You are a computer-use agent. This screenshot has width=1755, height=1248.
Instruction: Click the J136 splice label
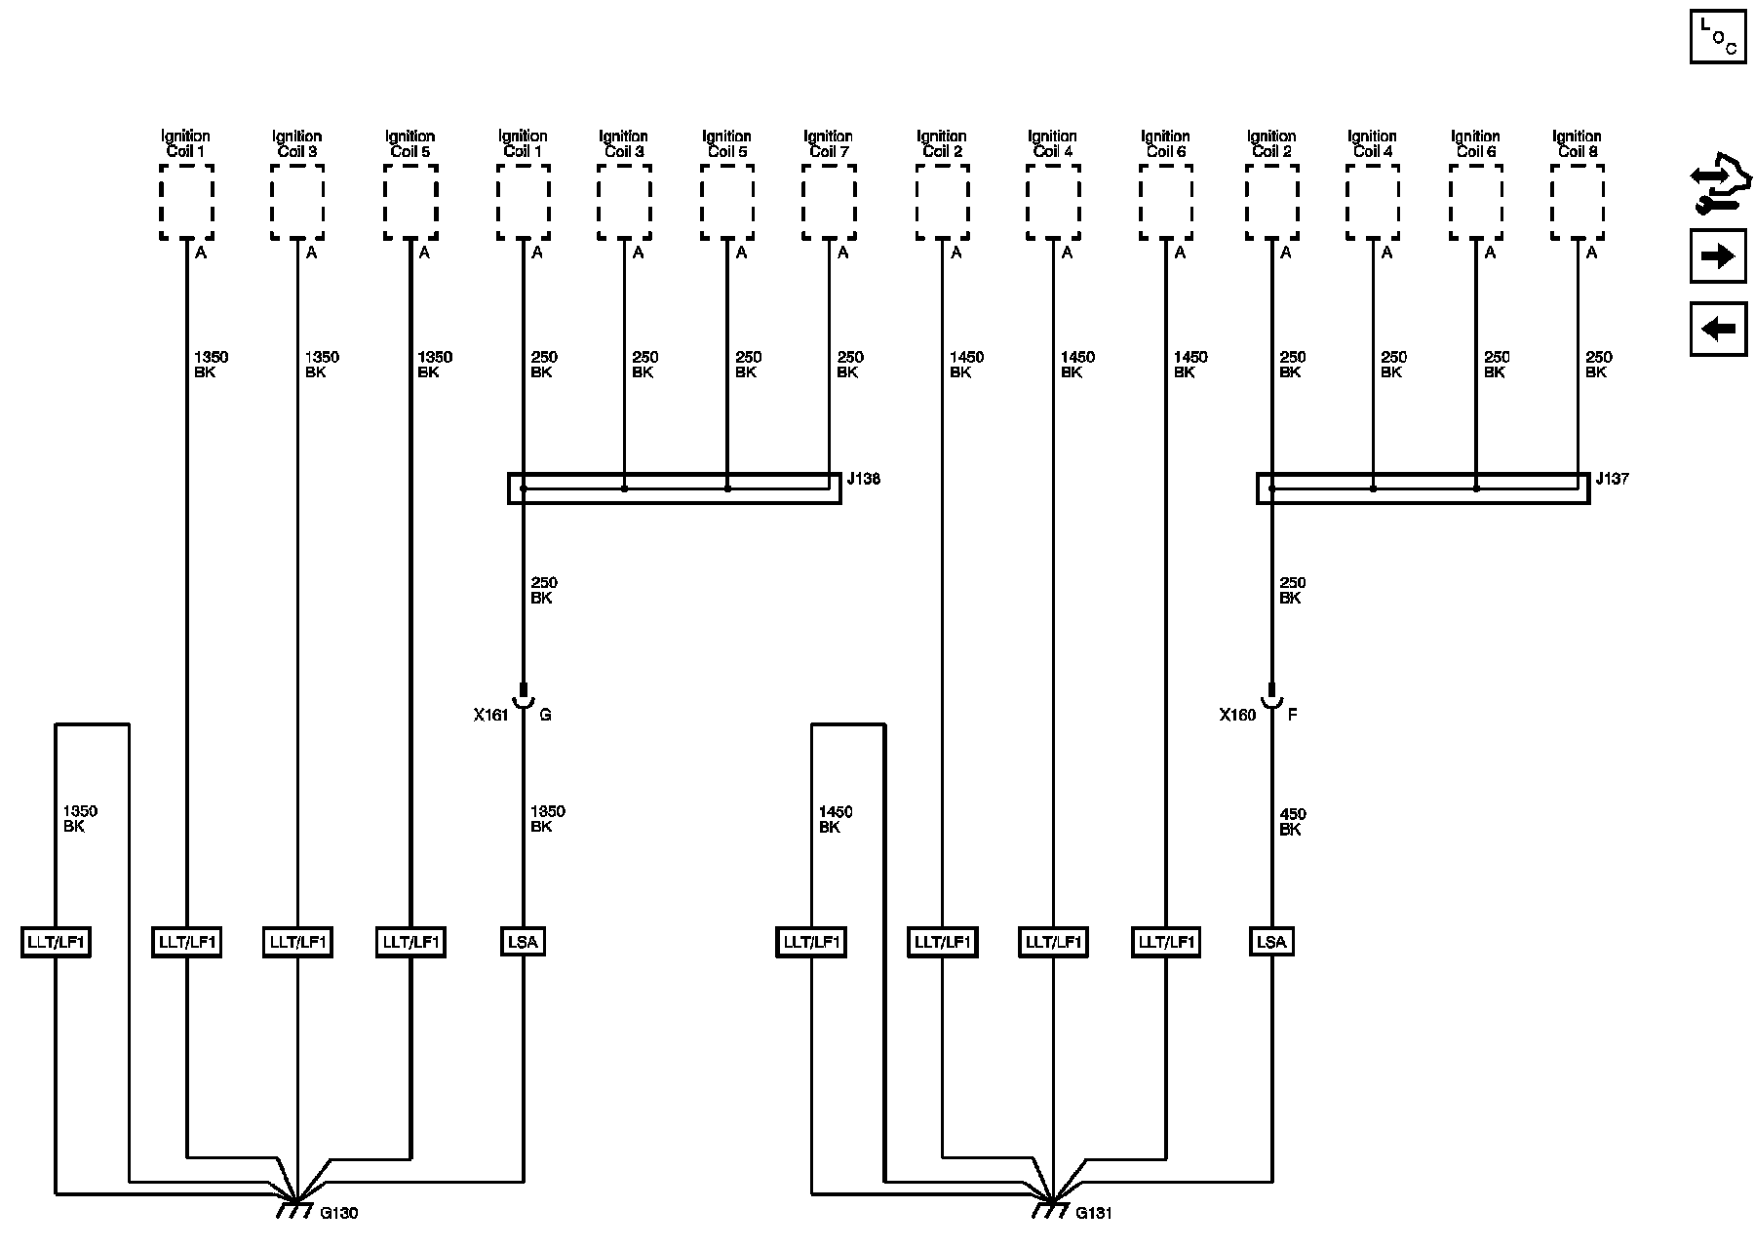pos(863,479)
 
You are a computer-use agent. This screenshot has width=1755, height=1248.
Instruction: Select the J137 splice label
pos(1612,479)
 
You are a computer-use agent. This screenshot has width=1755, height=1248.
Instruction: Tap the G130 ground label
pos(339,1213)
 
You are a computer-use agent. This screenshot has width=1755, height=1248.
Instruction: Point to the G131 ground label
pos(1094,1213)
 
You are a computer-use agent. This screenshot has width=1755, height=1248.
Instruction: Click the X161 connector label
pos(490,715)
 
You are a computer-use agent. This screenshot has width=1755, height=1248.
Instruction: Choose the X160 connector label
pos(1237,715)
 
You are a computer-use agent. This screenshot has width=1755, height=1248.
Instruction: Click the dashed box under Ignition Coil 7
pos(829,202)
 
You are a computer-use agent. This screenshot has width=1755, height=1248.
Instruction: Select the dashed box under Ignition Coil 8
pos(1577,202)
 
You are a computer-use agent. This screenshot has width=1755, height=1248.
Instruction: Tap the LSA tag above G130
pos(524,942)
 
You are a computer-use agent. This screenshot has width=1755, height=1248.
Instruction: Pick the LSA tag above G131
pos(1271,942)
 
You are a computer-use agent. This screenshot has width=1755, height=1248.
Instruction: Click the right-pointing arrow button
pos(1717,256)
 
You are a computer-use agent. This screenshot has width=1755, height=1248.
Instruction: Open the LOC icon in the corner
pos(1717,36)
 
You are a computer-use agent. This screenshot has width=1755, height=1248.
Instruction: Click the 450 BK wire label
pos(1292,821)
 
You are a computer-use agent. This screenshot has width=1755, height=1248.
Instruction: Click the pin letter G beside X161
pos(545,715)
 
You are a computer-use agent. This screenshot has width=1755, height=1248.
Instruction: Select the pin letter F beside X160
pos(1293,715)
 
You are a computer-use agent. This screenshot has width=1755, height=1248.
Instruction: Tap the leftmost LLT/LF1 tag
pos(56,942)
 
